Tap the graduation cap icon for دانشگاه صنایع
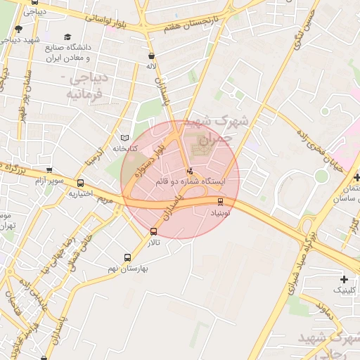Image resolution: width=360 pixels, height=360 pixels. (x=67, y=37)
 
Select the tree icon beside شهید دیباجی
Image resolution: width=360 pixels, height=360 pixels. (x=18, y=29)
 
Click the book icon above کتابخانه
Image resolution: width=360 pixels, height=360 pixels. (x=125, y=137)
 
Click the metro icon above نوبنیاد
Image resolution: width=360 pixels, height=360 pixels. (x=221, y=202)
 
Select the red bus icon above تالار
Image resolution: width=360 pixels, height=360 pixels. (x=154, y=231)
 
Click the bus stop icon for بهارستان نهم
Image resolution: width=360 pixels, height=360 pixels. (x=127, y=258)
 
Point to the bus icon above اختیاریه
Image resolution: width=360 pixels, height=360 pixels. (x=80, y=184)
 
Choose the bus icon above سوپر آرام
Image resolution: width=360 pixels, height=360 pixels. (x=49, y=169)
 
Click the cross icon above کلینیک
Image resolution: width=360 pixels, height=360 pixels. (x=343, y=279)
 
